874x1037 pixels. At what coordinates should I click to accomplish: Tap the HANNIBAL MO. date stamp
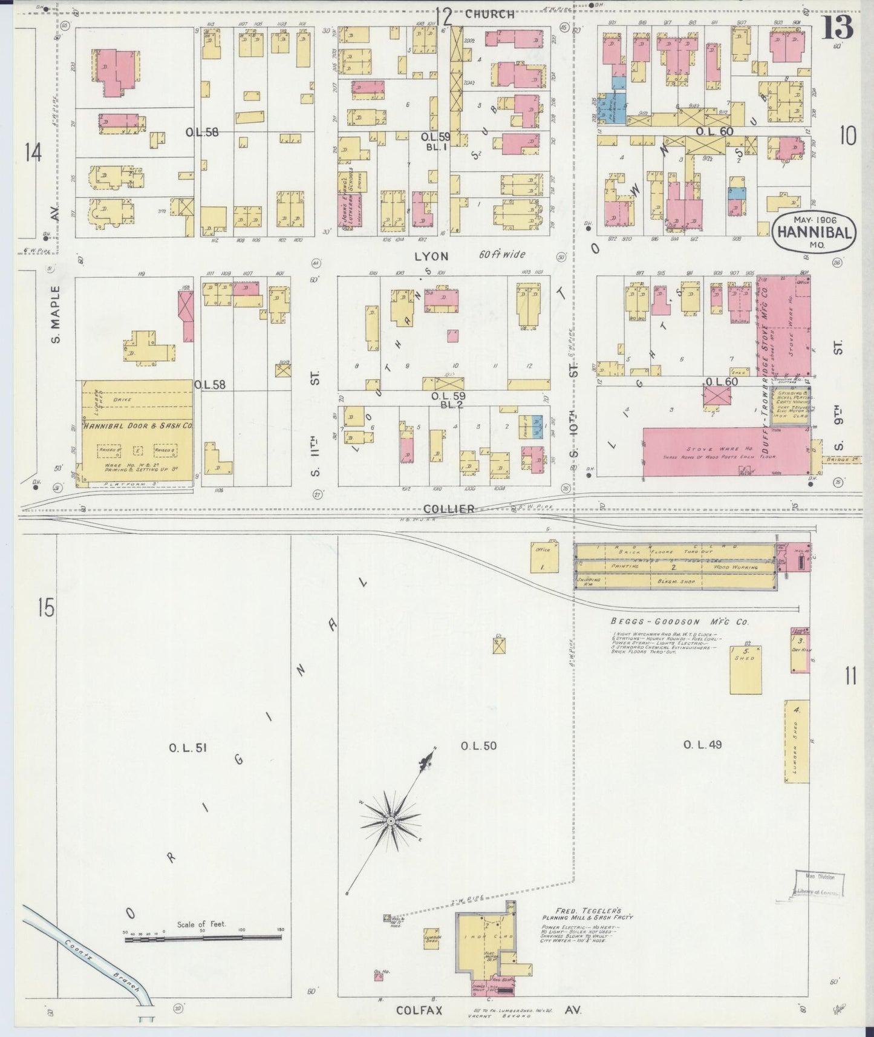[815, 232]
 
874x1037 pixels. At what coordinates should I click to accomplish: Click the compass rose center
[391, 820]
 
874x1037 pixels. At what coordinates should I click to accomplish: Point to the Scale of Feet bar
[201, 937]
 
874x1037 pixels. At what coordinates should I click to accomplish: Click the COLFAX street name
[420, 1010]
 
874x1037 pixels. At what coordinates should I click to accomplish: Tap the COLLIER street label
[449, 509]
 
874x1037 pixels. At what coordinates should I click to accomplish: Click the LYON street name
[431, 256]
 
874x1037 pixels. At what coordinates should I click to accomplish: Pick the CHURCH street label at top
[490, 14]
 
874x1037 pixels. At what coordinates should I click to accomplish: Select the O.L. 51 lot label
[188, 748]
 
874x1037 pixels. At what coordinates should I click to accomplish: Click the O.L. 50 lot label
[478, 745]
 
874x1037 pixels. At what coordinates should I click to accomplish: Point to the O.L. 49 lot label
[702, 744]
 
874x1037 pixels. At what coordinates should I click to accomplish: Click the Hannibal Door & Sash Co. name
[138, 426]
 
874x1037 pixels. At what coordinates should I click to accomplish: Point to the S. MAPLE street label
[56, 313]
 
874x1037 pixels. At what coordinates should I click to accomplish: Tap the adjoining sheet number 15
[45, 607]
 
